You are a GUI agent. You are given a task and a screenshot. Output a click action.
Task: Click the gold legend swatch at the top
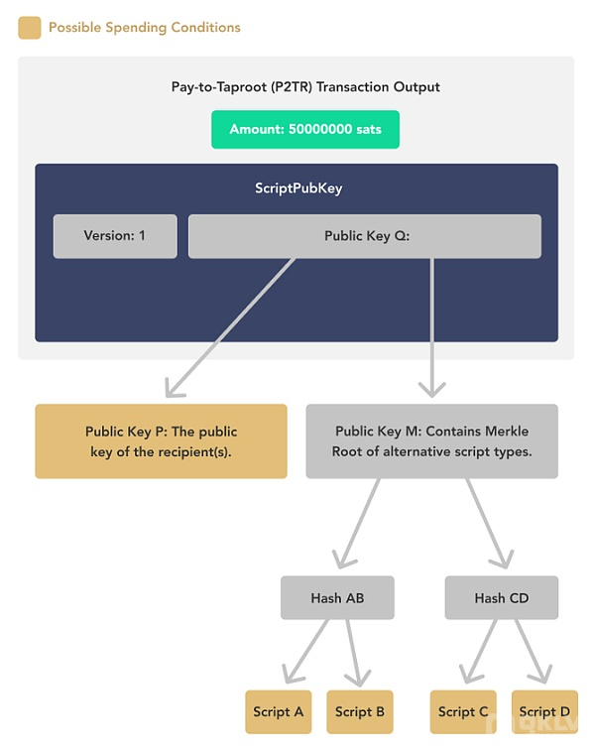click(x=30, y=28)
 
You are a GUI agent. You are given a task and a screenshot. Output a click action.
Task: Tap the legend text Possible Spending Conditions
click(x=145, y=28)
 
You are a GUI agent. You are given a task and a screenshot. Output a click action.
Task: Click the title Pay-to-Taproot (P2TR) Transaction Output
click(x=305, y=87)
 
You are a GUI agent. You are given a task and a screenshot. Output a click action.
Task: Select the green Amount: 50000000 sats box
click(x=305, y=129)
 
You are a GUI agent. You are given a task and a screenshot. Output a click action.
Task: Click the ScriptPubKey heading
click(x=298, y=188)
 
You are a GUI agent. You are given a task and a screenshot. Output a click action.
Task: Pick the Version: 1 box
click(x=115, y=236)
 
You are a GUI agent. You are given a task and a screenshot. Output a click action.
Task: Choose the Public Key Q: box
click(x=365, y=236)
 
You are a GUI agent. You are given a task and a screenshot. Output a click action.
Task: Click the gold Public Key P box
click(x=161, y=441)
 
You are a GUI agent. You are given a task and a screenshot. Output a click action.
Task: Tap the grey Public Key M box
click(x=432, y=441)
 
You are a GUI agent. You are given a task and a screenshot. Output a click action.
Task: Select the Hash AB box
click(x=337, y=597)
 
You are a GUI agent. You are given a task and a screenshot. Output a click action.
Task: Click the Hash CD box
click(x=502, y=597)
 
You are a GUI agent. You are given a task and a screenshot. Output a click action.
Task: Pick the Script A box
click(x=279, y=711)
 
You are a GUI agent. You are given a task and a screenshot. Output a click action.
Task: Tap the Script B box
click(x=360, y=711)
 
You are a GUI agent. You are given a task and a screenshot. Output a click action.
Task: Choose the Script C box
click(x=463, y=711)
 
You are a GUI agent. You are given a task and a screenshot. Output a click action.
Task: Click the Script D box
click(x=544, y=711)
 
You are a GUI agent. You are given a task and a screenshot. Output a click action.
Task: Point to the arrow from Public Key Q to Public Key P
click(x=230, y=327)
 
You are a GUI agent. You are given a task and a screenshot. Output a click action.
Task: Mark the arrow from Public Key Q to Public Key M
click(x=432, y=327)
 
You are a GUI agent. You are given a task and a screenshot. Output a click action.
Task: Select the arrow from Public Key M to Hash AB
click(x=357, y=524)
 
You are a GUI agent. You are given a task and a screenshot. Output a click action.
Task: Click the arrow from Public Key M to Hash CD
click(x=489, y=524)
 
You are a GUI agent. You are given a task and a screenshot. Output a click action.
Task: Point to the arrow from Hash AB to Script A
click(x=305, y=651)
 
